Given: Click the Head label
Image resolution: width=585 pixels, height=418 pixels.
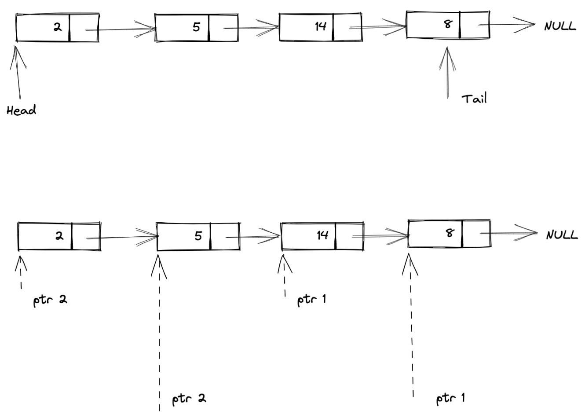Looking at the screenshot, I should point(21,110).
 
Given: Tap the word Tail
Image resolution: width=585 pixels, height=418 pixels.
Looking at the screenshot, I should point(474,98).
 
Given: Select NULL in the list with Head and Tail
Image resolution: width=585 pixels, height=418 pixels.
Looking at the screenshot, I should point(559,26).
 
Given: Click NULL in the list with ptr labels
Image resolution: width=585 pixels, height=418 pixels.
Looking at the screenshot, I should point(561,235).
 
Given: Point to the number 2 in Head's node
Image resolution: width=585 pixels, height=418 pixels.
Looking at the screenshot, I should point(58,27).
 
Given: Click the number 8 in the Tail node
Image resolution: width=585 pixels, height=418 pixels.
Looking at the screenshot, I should point(447,24).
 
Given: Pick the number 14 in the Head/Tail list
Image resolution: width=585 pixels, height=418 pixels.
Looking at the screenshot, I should point(321,26).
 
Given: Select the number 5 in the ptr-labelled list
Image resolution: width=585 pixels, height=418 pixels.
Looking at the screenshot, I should point(198,236).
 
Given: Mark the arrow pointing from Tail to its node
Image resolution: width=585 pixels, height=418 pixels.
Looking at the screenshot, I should point(448,73).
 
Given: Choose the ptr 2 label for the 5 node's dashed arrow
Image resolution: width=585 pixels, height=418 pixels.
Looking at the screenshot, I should point(189,399).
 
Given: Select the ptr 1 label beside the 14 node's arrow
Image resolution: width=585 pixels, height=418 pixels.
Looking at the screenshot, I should point(311,300).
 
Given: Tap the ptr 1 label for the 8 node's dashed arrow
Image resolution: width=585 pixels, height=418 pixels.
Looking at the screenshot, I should point(450,399).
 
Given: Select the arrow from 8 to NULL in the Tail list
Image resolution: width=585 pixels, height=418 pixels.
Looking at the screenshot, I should point(506,25).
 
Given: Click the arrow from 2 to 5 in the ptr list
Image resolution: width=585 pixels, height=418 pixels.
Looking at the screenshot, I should point(123,238).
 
